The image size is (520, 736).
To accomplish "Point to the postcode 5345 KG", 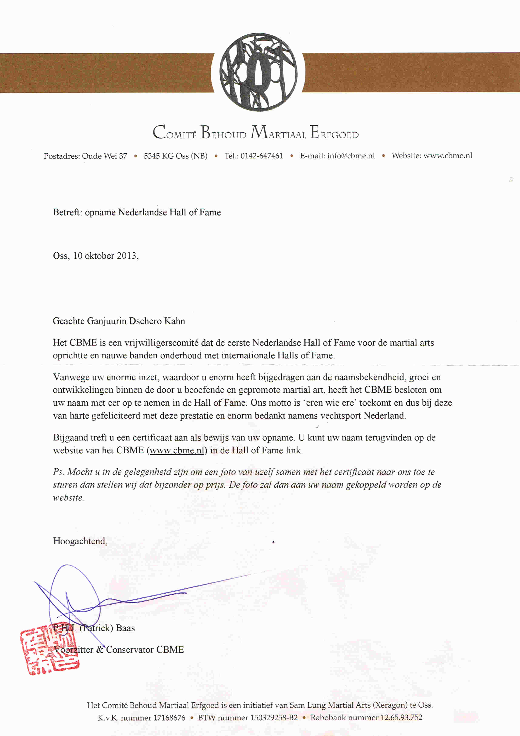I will [158, 156].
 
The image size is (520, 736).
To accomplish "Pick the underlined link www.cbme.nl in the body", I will [177, 450].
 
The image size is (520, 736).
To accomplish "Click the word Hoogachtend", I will [80, 541].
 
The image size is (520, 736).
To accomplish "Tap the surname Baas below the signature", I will [125, 628].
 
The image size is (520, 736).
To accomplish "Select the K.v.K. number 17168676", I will [169, 718].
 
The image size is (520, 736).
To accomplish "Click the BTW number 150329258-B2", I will [274, 718].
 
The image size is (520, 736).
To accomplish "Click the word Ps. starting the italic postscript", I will [58, 472].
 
